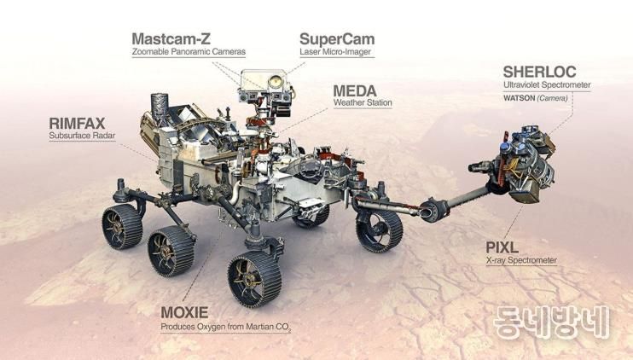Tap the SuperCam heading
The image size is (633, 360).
tap(337, 39)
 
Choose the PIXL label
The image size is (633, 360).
tap(503, 247)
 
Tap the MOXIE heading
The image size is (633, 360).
tap(184, 312)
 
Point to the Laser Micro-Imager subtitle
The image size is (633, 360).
tap(335, 52)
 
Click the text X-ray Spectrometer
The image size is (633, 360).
tap(521, 259)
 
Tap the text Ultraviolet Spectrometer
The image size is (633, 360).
tap(546, 84)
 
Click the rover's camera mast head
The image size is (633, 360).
tap(264, 85)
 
